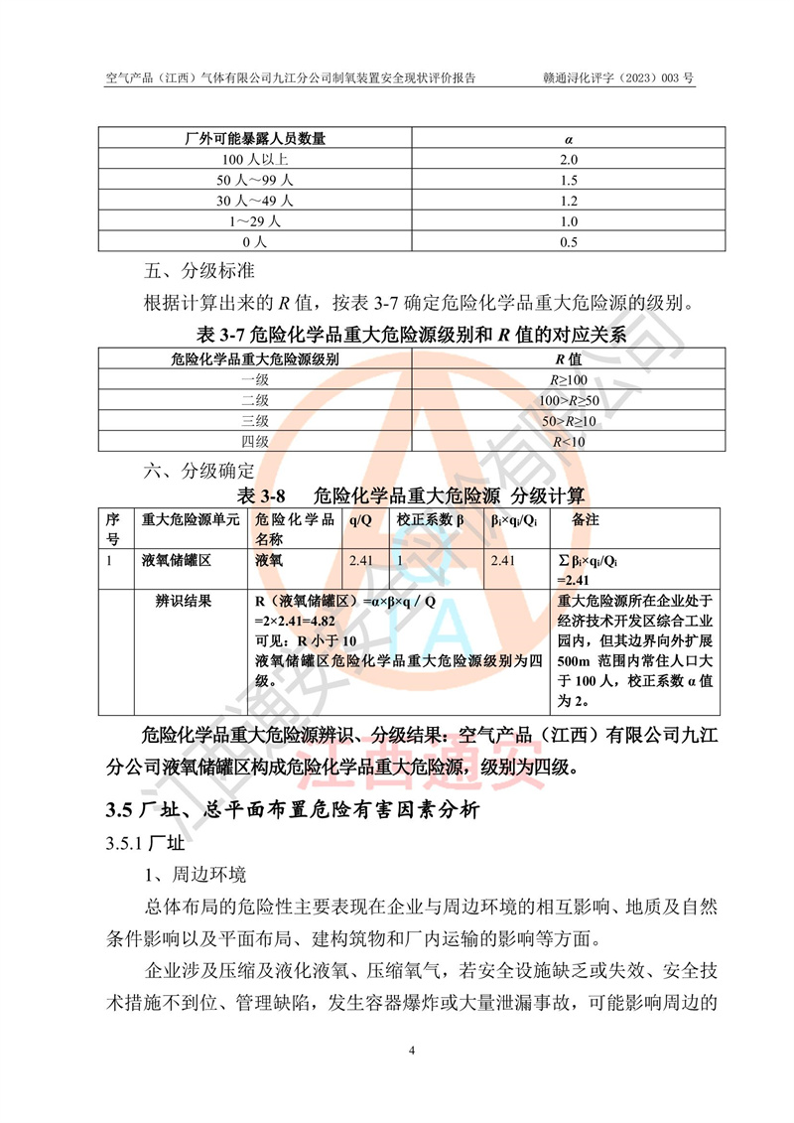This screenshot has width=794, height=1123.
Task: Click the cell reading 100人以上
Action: click(255, 159)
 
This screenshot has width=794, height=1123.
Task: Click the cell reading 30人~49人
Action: click(255, 201)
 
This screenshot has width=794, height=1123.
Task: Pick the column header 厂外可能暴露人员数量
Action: click(255, 138)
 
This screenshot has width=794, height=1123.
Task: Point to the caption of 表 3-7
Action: click(412, 334)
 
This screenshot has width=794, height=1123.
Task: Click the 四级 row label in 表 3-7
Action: click(255, 442)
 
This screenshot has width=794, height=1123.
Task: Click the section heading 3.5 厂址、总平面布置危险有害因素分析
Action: click(293, 810)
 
